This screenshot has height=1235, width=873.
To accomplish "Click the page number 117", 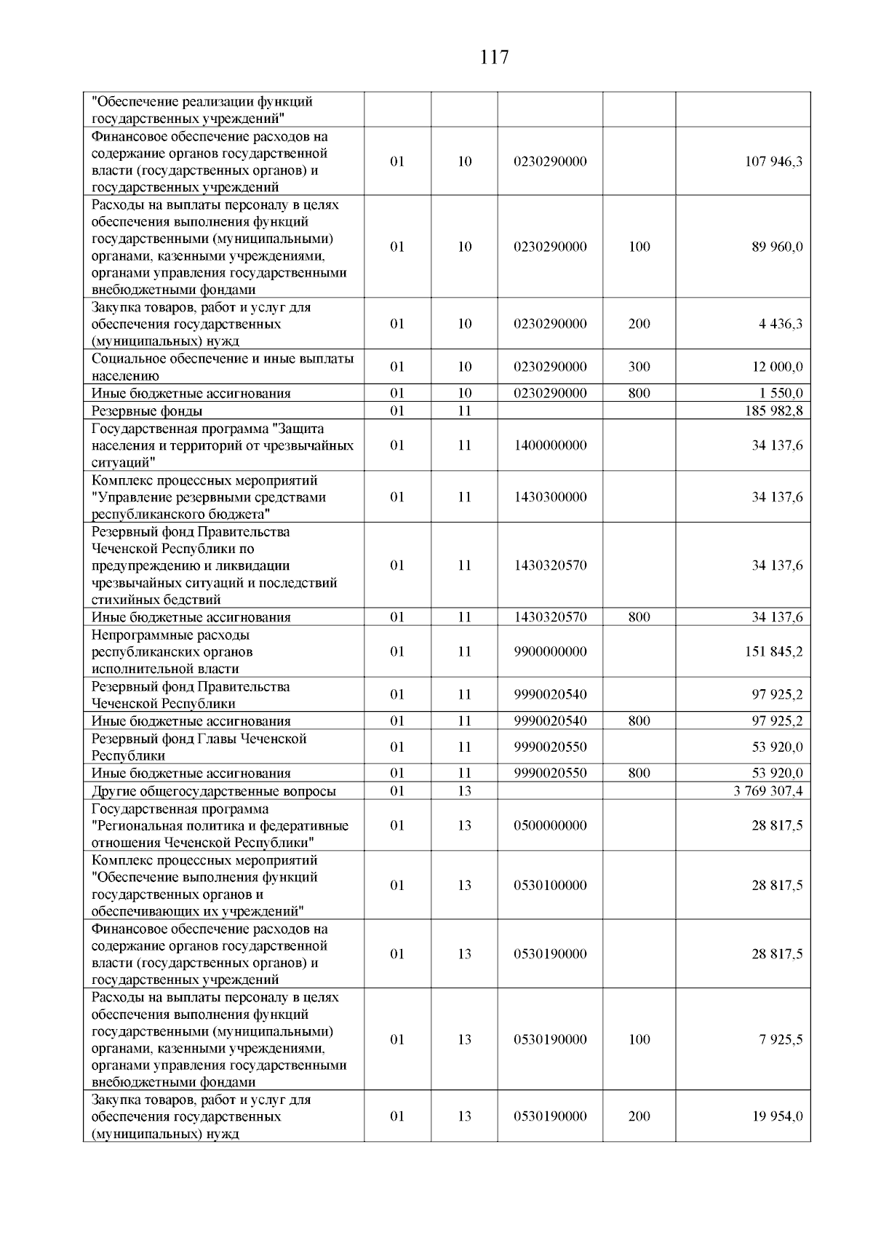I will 495,57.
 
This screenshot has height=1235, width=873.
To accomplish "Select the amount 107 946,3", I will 773,162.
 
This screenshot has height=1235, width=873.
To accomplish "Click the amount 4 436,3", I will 781,324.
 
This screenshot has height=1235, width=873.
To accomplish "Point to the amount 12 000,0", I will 777,367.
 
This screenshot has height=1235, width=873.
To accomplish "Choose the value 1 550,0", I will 781,394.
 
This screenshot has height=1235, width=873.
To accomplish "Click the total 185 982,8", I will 773,411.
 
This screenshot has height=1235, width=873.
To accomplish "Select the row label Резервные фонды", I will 137,411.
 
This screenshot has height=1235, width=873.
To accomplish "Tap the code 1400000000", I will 550,445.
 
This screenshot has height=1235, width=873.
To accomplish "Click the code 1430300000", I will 550,497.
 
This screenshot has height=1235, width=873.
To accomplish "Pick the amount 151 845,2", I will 773,651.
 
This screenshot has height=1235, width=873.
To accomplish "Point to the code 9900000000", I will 550,651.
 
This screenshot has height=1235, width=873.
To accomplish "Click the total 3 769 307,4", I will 768,791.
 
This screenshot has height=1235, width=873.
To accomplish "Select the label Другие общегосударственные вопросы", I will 214,791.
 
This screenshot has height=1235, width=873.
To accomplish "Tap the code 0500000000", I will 550,825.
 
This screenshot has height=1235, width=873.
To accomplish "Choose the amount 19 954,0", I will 777,1116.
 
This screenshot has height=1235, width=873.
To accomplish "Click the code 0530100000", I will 550,886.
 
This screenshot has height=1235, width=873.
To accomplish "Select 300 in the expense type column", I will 639,367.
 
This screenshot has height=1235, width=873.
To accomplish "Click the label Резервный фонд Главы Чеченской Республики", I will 199,747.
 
